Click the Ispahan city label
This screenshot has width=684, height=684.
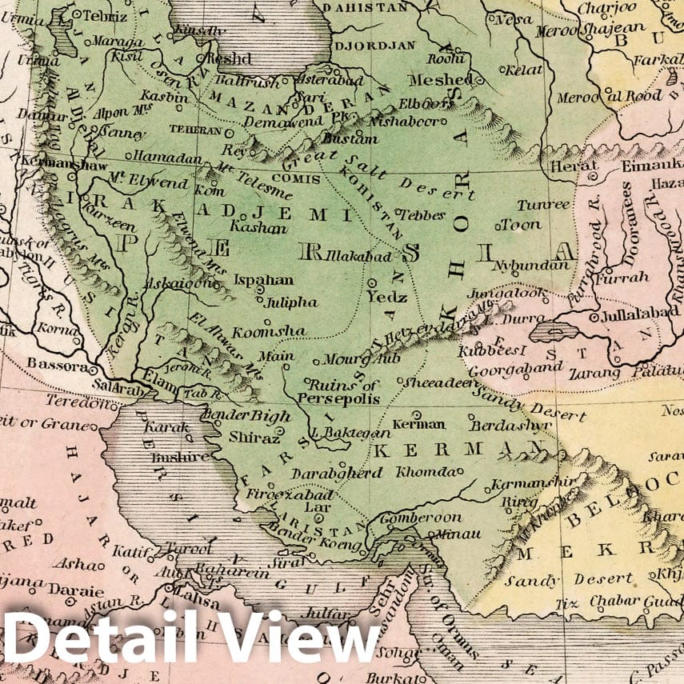click(x=263, y=281)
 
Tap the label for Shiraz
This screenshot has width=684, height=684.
click(x=254, y=438)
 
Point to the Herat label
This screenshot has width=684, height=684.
click(x=569, y=166)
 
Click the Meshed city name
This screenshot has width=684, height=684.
click(x=439, y=80)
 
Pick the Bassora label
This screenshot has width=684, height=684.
click(x=55, y=364)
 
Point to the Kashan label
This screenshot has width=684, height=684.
click(x=258, y=227)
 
